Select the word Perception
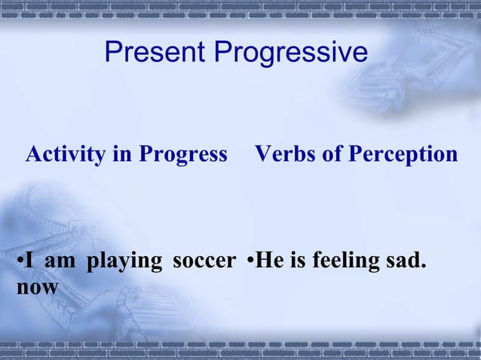(x=402, y=156)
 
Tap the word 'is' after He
(x=298, y=262)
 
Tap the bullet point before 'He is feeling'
(x=250, y=264)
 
